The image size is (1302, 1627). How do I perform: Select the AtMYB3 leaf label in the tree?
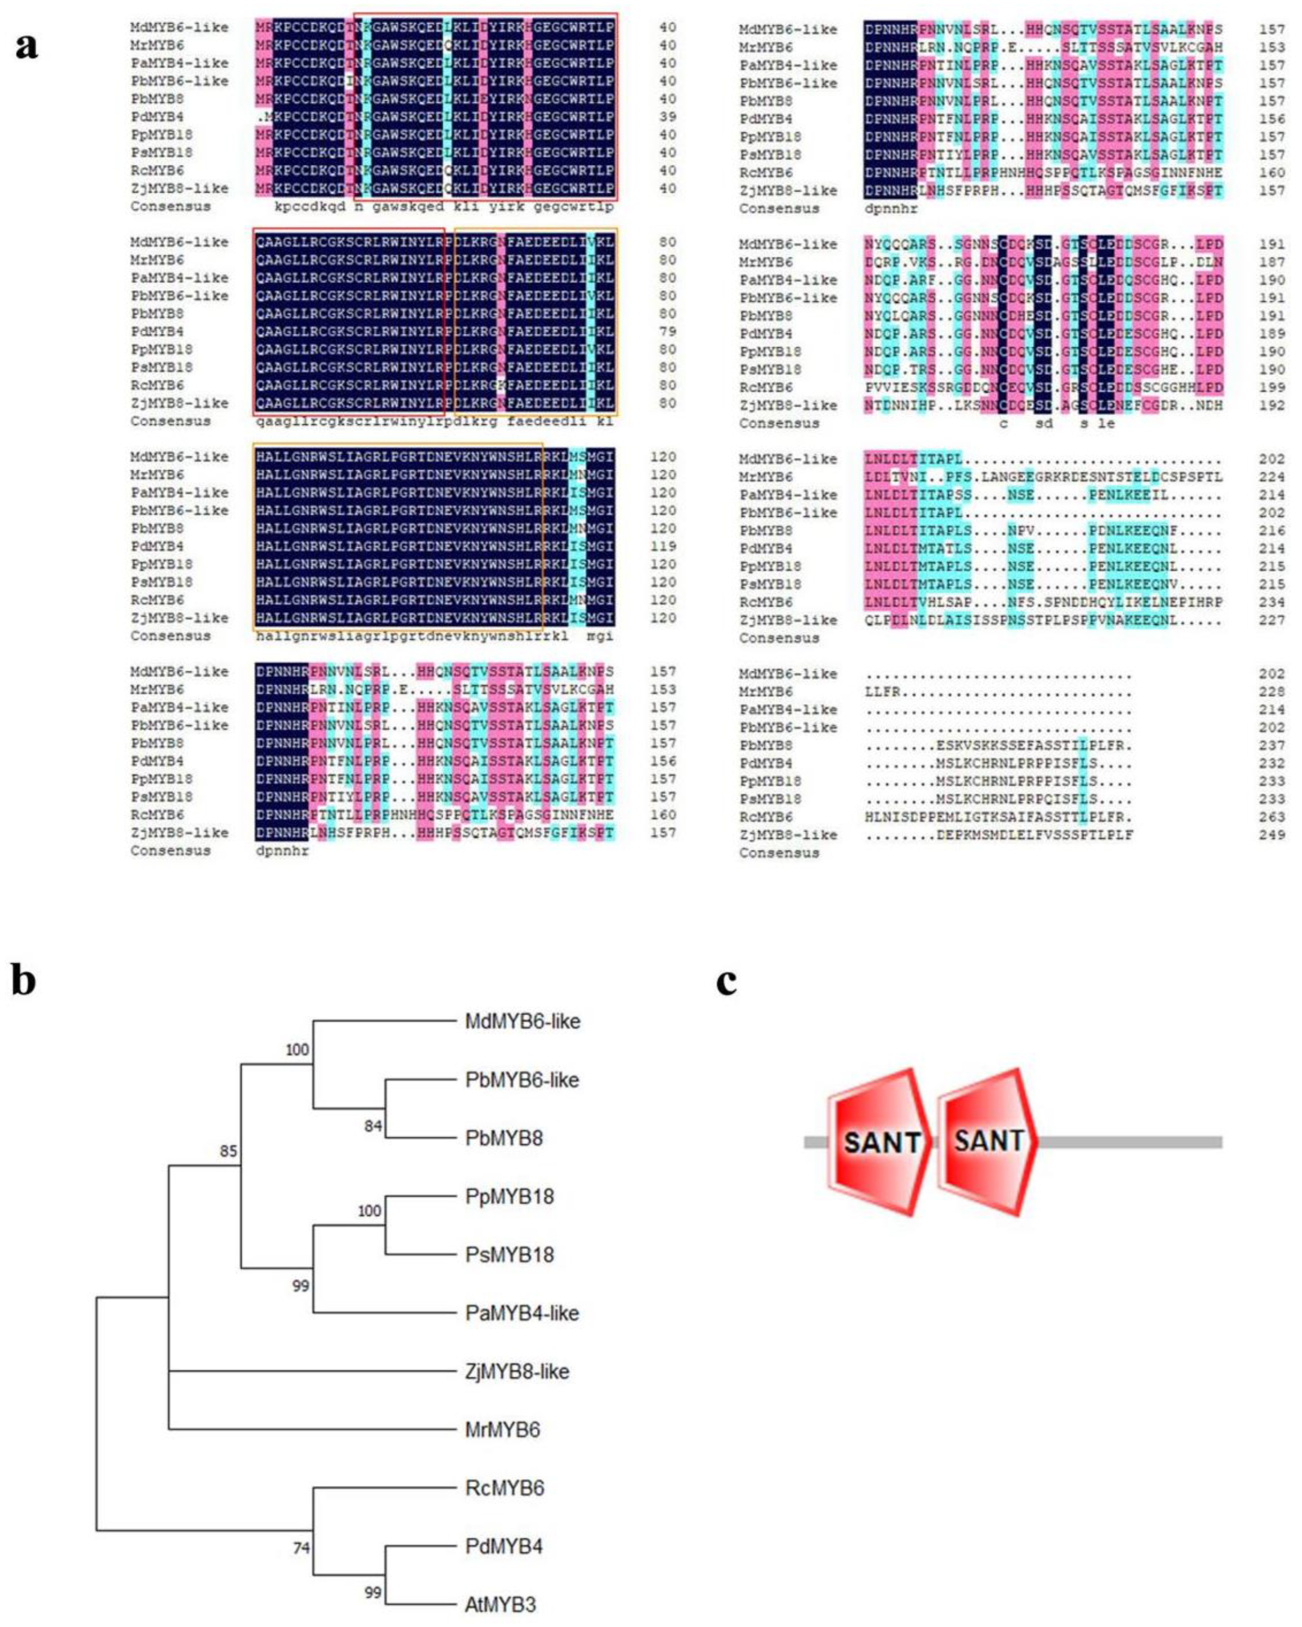pos(500,1604)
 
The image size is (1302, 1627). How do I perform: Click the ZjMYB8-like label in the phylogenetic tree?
pos(517,1371)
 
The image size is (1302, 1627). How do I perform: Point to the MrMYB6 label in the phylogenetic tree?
pos(503,1430)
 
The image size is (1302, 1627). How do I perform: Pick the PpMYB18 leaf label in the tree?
pos(510,1196)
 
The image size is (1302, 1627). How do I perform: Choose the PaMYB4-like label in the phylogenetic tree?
pos(521,1313)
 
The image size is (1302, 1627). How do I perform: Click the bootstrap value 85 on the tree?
pos(228,1151)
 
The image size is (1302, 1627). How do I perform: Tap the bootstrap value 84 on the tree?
pos(373,1127)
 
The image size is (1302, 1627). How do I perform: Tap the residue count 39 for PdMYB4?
pos(667,117)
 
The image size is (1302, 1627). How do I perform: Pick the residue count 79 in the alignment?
pos(667,331)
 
